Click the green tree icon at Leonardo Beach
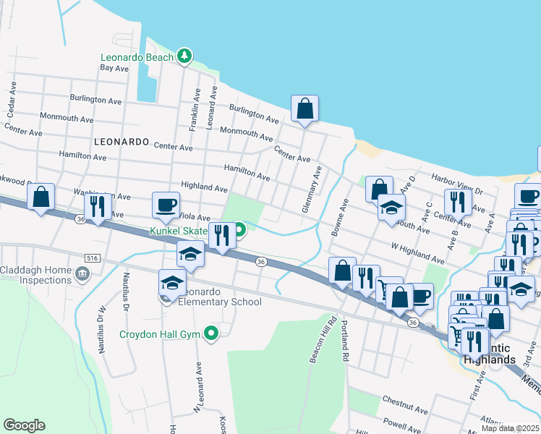184,56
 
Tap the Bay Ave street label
114,68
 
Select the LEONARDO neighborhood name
122,141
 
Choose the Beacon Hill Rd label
323,339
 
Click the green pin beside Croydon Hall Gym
211,333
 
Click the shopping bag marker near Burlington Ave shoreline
305,109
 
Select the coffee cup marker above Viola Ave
166,205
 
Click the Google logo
24,425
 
